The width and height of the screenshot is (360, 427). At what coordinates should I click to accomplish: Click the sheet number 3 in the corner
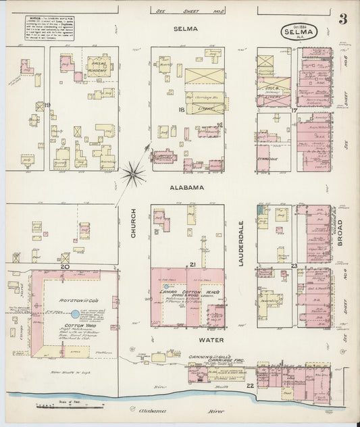pyautogui.click(x=343, y=19)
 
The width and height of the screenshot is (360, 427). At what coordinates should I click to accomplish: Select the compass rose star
pyautogui.click(x=134, y=175)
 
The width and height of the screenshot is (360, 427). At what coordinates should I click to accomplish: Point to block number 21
pyautogui.click(x=192, y=263)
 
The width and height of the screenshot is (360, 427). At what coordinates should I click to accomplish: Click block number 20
pyautogui.click(x=66, y=268)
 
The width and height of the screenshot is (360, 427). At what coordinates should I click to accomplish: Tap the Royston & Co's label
pyautogui.click(x=72, y=299)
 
